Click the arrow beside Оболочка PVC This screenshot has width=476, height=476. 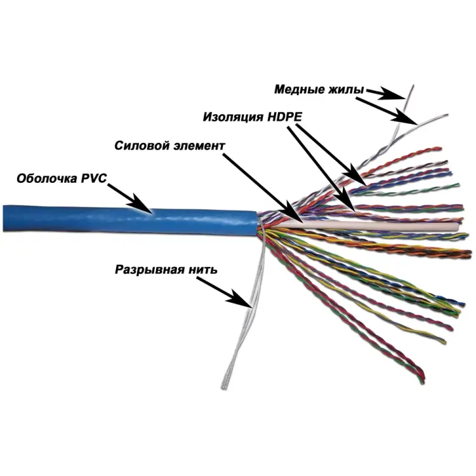[x=131, y=196]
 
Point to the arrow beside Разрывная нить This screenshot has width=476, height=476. [x=229, y=293]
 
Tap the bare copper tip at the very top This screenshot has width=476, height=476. [x=413, y=85]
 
